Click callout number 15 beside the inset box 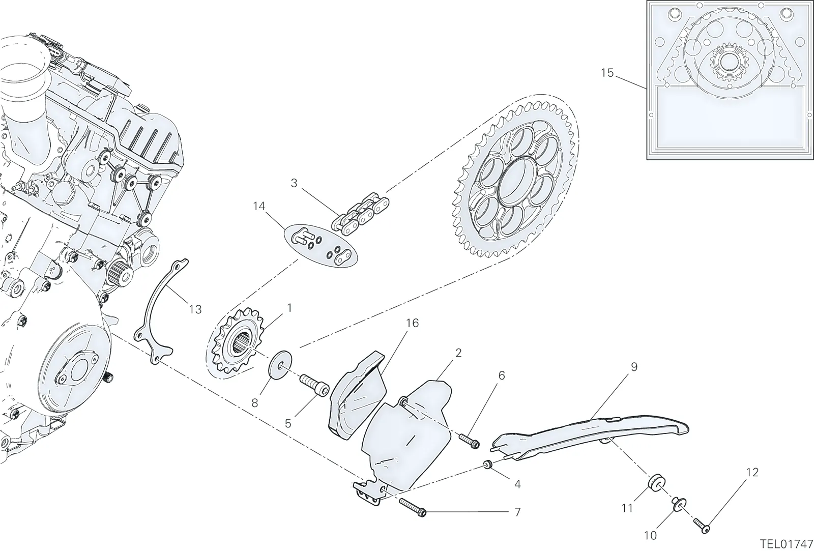pos(607,73)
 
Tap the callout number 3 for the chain pos(294,183)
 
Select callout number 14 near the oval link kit pos(259,207)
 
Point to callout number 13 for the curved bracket pos(195,310)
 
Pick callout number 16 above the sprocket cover pos(412,323)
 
